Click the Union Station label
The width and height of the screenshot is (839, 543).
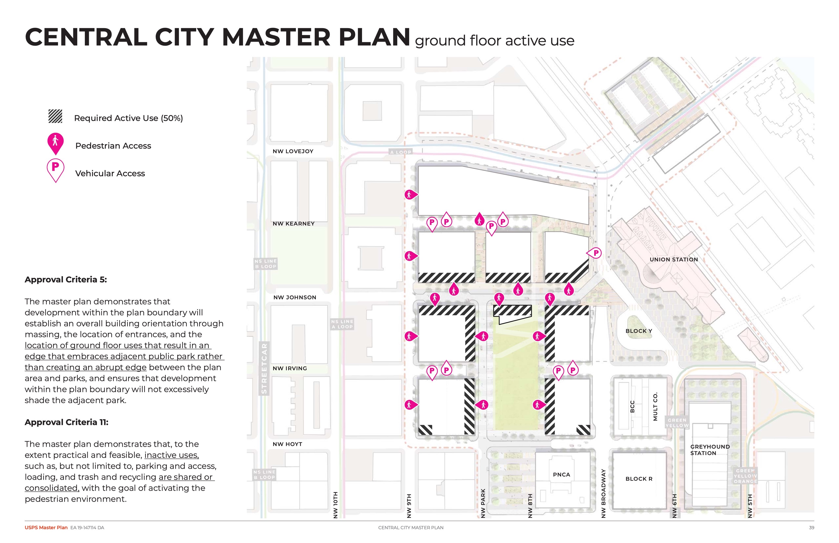click(x=674, y=259)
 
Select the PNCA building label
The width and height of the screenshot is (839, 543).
click(x=561, y=475)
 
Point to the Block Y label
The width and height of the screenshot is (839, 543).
click(x=638, y=331)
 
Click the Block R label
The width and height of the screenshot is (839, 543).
click(x=639, y=479)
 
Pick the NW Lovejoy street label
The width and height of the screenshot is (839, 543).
click(x=293, y=151)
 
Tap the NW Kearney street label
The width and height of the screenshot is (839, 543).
click(x=293, y=224)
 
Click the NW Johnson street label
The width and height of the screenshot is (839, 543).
click(x=295, y=297)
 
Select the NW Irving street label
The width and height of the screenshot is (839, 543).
click(x=290, y=368)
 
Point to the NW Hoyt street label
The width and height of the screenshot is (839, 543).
click(x=287, y=444)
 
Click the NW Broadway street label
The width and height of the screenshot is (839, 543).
click(x=603, y=493)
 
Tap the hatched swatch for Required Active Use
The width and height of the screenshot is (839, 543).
click(x=55, y=116)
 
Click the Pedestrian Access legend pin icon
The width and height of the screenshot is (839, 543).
click(x=55, y=143)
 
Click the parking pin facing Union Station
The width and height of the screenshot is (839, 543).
click(x=595, y=253)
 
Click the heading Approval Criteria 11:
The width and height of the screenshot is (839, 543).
click(x=66, y=422)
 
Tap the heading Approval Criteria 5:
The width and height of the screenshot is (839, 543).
click(x=66, y=280)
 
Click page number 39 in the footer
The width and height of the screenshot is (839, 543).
click(x=812, y=527)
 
